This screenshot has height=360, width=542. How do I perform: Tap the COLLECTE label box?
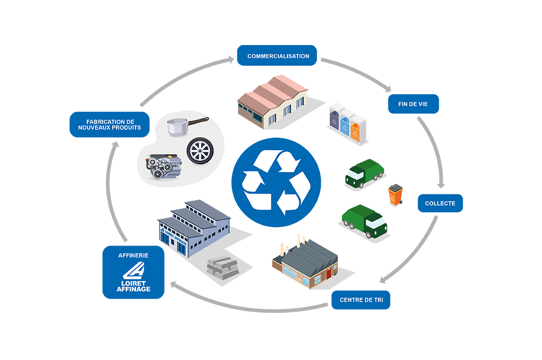coord(440,203)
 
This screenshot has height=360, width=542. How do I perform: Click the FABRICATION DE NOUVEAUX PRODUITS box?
coord(110,125)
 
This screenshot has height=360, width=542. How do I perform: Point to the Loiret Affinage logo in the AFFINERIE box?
coord(133,278)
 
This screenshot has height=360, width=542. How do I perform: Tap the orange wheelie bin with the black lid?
coord(395,195)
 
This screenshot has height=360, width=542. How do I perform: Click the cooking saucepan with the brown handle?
coord(183,126)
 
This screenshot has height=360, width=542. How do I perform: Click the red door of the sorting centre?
coord(329,274)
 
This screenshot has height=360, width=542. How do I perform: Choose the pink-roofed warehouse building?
coord(272,101)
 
